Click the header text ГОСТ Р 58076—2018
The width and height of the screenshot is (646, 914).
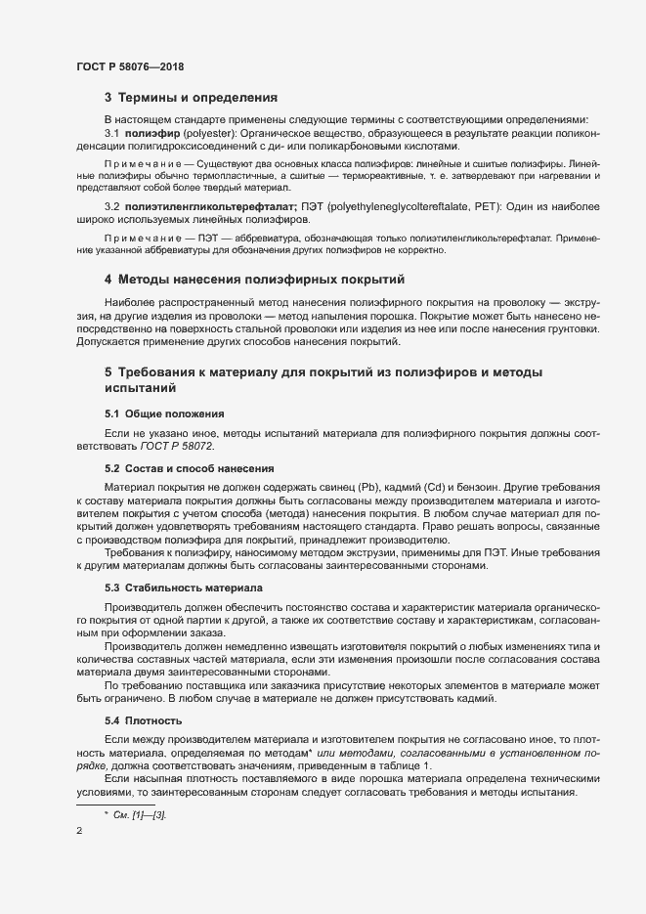tap(129, 66)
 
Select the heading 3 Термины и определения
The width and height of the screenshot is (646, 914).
tap(192, 98)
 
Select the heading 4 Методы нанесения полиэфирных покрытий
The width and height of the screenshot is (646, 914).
tap(255, 281)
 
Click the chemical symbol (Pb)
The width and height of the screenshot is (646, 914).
tap(365, 486)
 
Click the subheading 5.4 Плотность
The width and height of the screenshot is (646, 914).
tap(146, 719)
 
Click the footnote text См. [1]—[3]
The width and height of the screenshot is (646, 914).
tap(141, 814)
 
